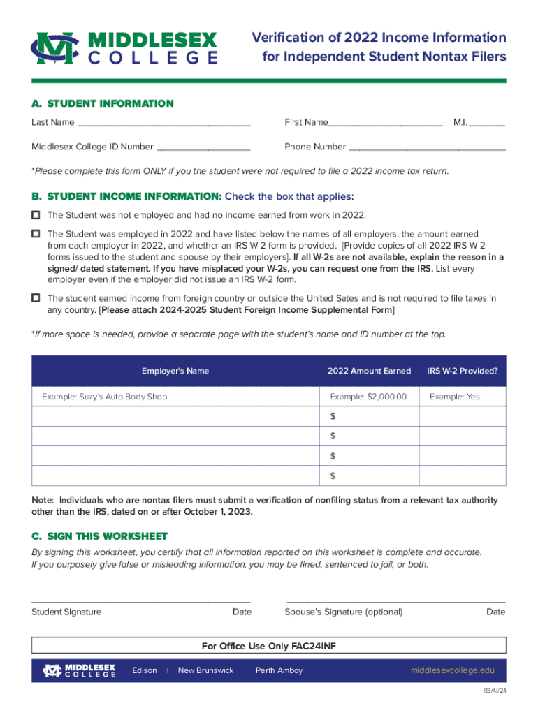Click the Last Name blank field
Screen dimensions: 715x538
(x=163, y=124)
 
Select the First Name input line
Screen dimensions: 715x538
(x=385, y=124)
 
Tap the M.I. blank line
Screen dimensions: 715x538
(x=487, y=124)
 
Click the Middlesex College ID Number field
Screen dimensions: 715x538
(x=203, y=147)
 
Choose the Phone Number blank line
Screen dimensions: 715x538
(x=427, y=147)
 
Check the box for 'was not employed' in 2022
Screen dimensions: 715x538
(x=36, y=214)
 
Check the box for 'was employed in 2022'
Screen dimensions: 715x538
(x=36, y=233)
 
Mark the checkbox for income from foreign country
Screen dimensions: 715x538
(x=36, y=297)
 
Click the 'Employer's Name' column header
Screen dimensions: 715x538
(x=175, y=371)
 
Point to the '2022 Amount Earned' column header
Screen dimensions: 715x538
(x=369, y=371)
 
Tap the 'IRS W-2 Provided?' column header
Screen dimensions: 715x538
(x=463, y=371)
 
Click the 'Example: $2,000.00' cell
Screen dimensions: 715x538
(x=368, y=397)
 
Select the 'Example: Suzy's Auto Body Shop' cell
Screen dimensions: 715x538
(x=105, y=397)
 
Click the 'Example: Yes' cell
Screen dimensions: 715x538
(x=455, y=397)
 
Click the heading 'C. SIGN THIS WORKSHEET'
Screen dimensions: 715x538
(x=100, y=536)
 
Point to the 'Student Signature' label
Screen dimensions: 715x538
(x=66, y=612)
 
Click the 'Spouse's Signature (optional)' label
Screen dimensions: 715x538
(x=344, y=612)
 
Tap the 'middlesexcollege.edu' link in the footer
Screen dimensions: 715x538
(x=452, y=670)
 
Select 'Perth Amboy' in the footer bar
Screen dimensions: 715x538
(x=279, y=670)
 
